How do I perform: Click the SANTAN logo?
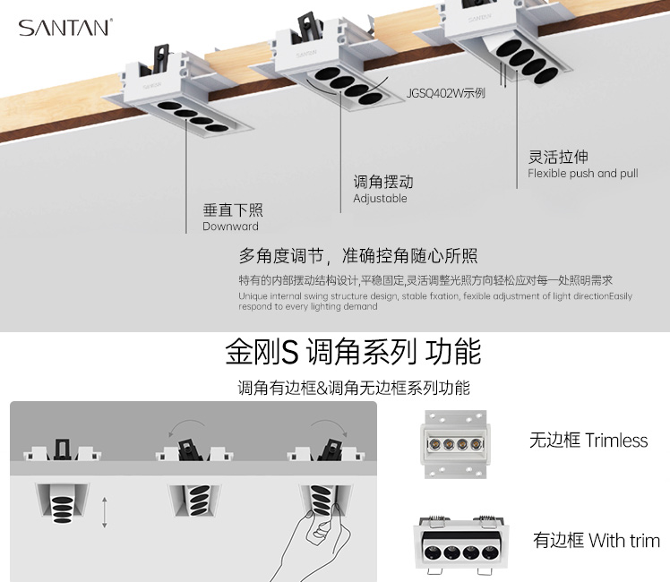(x=64, y=28)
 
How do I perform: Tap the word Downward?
(x=230, y=227)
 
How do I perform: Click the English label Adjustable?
(x=380, y=198)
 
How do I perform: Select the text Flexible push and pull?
(x=582, y=173)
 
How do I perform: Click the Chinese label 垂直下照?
(x=233, y=210)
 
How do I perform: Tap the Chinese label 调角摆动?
(x=383, y=182)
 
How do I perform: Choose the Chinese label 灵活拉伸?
(x=558, y=157)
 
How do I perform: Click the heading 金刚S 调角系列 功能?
(x=353, y=352)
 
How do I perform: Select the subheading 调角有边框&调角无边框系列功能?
(x=354, y=388)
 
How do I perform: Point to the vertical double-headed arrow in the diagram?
(x=105, y=512)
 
